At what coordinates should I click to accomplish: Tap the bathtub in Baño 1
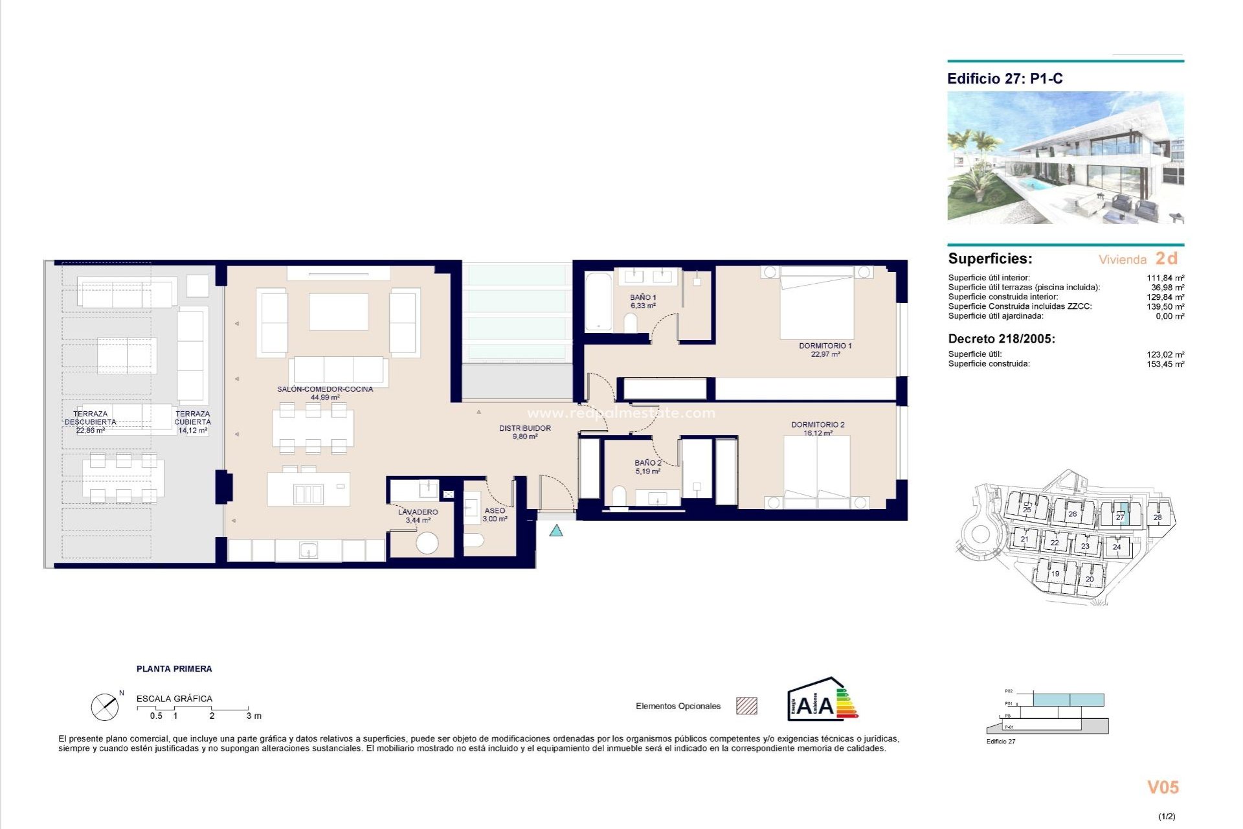(598, 302)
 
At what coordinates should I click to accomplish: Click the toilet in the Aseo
(475, 540)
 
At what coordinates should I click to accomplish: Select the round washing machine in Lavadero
(427, 543)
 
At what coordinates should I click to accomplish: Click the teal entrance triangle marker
(556, 531)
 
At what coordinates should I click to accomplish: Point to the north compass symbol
(105, 707)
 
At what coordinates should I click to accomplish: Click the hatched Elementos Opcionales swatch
(746, 706)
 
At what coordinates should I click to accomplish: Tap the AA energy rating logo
(822, 700)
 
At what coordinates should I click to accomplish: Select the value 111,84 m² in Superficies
(1165, 278)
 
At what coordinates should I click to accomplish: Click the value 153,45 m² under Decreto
(1165, 364)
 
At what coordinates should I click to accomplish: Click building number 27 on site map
(1120, 516)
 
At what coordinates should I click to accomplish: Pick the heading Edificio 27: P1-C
(1005, 79)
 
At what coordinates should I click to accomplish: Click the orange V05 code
(1163, 788)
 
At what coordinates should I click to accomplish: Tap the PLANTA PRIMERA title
(174, 669)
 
